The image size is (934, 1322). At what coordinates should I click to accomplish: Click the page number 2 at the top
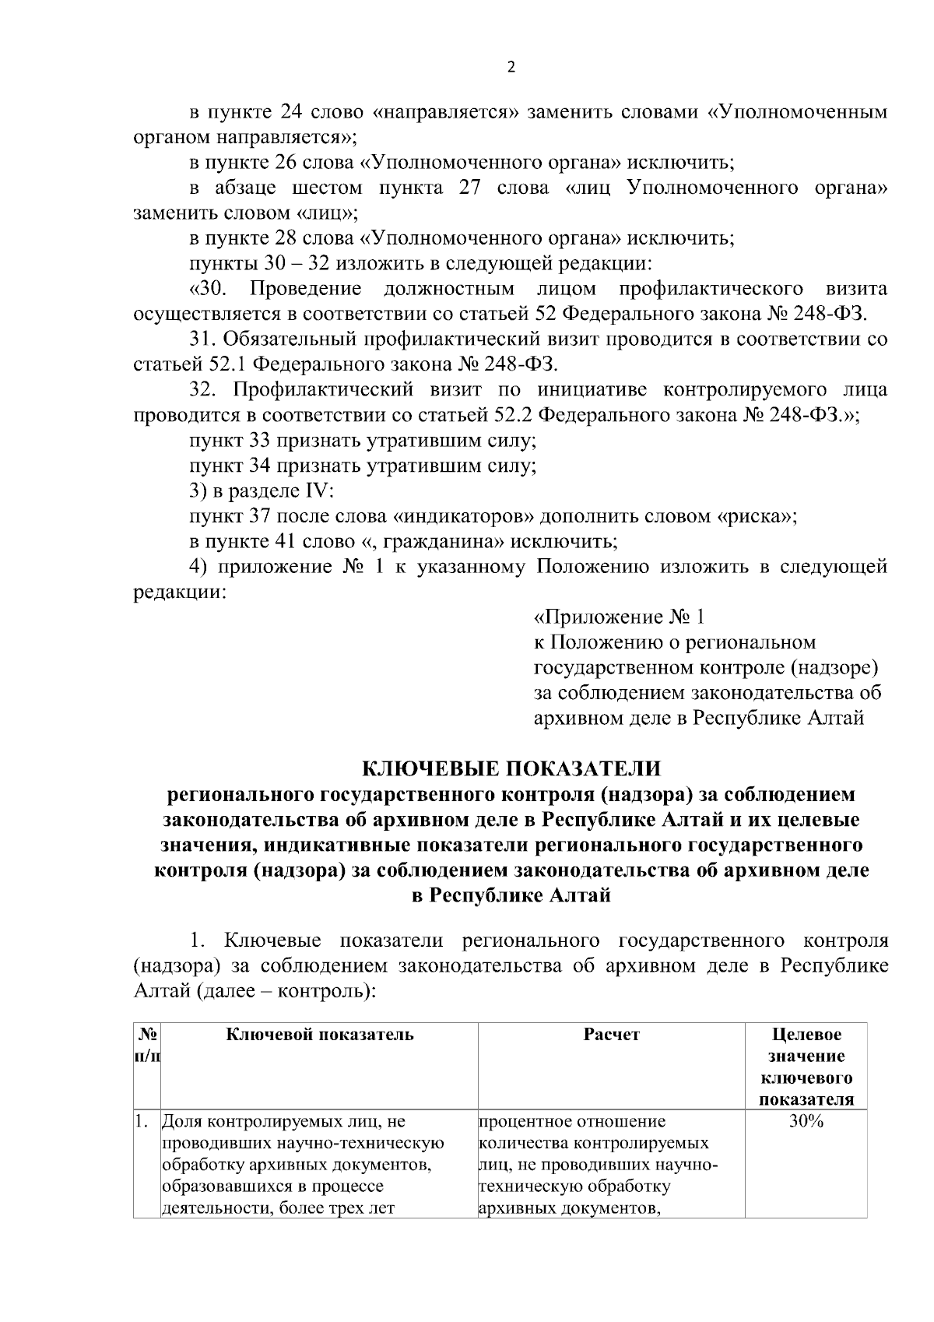[x=511, y=68]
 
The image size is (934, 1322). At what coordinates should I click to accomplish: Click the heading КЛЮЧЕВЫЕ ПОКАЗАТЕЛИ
[x=511, y=769]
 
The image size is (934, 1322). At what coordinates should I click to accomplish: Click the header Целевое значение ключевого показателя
[x=806, y=1067]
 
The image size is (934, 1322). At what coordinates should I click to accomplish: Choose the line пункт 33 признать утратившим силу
[x=363, y=441]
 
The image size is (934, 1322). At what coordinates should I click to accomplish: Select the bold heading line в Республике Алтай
[x=511, y=895]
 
